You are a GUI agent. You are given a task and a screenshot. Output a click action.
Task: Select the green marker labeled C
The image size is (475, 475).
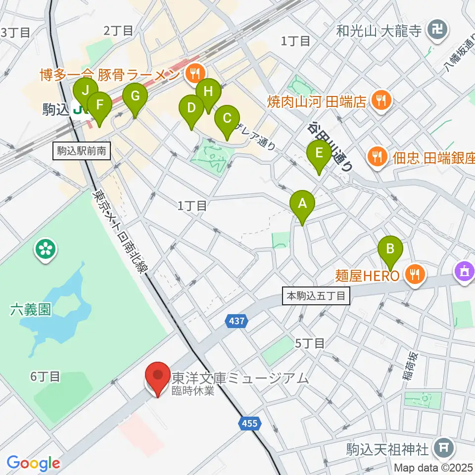227,118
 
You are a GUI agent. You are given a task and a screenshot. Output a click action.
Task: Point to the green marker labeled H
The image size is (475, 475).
208,92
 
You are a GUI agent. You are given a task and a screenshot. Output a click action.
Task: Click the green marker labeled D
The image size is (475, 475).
191,107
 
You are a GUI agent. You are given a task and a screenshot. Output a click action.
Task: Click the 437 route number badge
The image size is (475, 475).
237,322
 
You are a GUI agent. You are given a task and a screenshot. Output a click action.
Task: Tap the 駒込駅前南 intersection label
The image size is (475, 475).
82,151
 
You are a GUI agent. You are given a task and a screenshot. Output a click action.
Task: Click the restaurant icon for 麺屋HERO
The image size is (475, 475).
415,274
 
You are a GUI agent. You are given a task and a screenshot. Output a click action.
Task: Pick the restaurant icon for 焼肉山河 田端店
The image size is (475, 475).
381,101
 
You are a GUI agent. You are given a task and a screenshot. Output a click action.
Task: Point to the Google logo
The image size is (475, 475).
33,464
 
